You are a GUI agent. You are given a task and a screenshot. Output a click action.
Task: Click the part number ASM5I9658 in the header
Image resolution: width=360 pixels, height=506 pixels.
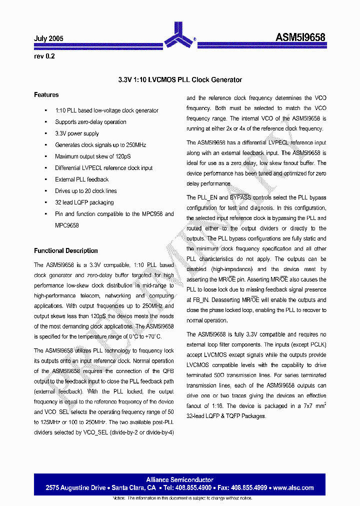[300, 37]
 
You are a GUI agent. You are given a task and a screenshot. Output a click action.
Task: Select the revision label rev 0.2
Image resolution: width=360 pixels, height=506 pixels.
[44, 56]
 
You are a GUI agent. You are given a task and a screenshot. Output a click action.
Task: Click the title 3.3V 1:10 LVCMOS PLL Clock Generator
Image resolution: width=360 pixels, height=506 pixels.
[180, 79]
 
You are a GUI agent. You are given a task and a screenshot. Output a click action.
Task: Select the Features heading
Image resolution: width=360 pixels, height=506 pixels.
[46, 94]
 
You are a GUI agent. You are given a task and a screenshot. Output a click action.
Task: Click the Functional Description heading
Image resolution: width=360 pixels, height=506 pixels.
[65, 250]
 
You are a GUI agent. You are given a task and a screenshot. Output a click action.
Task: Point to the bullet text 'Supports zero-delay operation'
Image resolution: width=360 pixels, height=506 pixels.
[90, 122]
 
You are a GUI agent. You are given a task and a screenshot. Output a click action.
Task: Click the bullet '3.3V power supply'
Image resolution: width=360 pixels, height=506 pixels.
[77, 133]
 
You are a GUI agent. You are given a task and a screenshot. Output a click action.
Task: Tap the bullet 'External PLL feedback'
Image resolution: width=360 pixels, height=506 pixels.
[81, 179]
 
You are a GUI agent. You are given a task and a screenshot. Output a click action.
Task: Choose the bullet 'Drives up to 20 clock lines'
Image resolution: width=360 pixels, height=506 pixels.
[85, 191]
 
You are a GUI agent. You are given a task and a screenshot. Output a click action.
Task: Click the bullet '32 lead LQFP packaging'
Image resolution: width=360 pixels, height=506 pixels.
[84, 202]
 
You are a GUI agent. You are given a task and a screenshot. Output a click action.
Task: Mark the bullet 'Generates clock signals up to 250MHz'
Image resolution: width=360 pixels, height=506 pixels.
[100, 145]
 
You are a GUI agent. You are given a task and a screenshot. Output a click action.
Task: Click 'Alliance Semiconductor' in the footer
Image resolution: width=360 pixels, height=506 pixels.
[180, 479]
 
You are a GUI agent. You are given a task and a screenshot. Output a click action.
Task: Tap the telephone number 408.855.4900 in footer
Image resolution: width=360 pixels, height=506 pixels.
[193, 487]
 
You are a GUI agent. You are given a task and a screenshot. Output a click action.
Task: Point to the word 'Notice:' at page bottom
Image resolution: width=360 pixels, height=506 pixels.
[119, 498]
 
